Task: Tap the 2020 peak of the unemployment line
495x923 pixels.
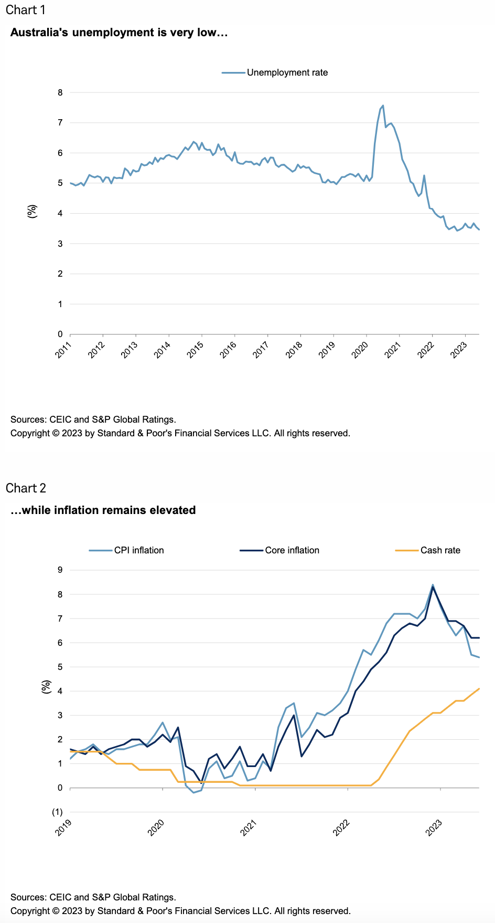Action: click(383, 106)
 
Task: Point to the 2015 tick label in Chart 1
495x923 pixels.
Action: click(195, 350)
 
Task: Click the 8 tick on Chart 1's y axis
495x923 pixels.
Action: click(60, 92)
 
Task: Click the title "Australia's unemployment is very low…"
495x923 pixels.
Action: click(119, 33)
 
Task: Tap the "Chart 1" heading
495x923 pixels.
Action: click(26, 10)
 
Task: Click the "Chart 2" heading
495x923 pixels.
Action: click(26, 488)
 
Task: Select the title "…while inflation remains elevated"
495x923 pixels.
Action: click(103, 510)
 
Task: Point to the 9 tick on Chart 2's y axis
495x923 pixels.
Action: click(60, 570)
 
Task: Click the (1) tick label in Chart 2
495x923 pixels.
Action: click(57, 812)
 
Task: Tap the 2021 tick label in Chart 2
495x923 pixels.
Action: click(249, 828)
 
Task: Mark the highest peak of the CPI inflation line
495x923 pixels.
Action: click(433, 584)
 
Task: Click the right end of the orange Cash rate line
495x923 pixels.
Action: click(479, 689)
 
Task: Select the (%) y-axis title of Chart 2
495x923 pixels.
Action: click(47, 687)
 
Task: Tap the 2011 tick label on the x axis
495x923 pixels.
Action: click(63, 350)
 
